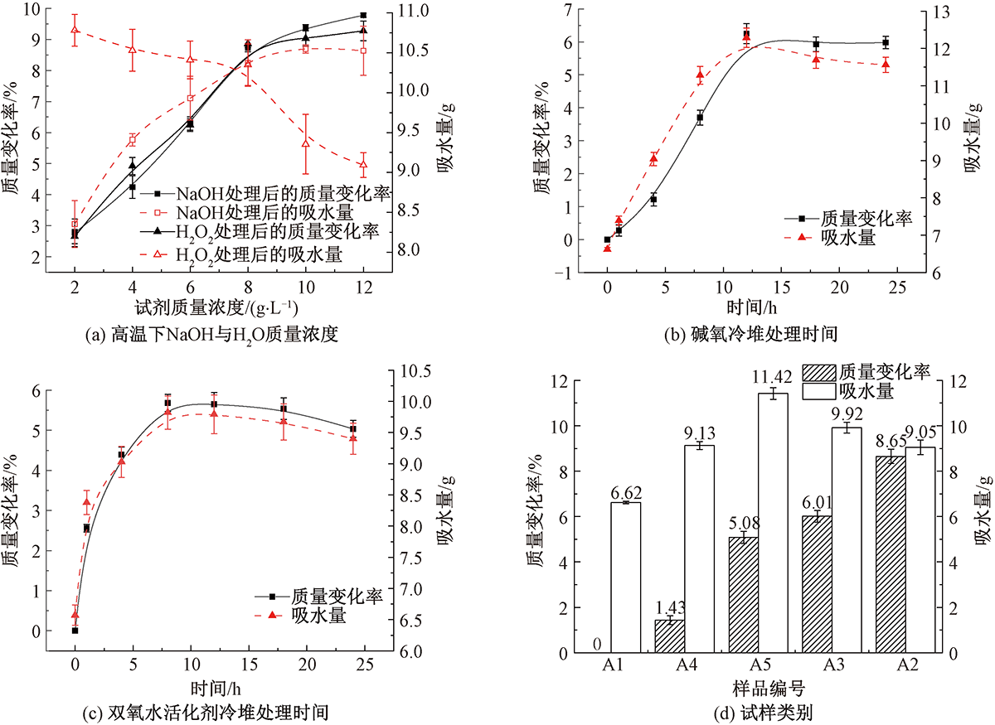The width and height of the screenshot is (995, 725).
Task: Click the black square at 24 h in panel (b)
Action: pos(886,42)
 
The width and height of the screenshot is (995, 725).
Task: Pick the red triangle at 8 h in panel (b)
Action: pos(700,75)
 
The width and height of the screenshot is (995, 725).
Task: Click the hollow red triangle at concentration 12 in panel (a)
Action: pos(363,165)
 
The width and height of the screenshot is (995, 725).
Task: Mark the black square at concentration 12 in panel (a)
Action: pos(363,16)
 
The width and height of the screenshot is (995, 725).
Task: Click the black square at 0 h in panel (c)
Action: pos(75,631)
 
